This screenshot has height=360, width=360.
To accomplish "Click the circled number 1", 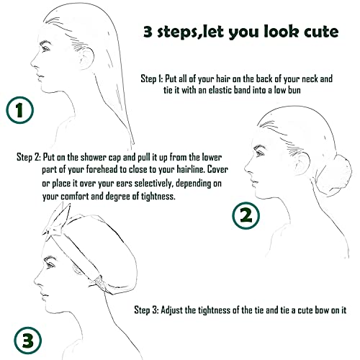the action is coord(19,110).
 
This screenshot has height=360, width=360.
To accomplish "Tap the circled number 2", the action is coord(246,215).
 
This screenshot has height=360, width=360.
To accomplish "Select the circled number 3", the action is coord(27,341).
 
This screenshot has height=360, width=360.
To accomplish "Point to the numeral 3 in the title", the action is coord(148,32).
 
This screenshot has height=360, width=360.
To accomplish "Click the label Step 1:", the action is coord(152,78).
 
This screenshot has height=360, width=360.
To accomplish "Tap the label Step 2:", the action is coord(29,158).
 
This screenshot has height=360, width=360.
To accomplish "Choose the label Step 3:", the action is coord(146,310).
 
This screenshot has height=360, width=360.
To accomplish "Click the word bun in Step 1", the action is coord(294,90).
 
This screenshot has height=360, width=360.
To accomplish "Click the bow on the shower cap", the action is coord(56,220).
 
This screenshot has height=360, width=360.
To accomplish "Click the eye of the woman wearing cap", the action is coord(50,264).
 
